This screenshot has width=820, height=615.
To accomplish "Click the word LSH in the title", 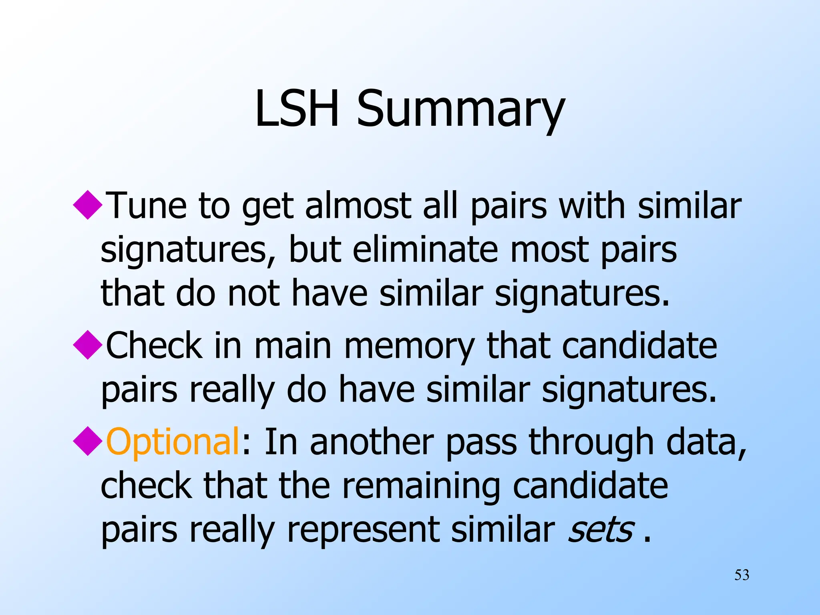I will (296, 108).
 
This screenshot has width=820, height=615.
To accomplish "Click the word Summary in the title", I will (460, 110).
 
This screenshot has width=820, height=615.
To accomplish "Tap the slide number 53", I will (742, 575).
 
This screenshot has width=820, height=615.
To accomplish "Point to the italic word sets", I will (601, 530).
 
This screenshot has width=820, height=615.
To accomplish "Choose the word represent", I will (363, 531).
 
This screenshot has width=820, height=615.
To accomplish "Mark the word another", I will (372, 442).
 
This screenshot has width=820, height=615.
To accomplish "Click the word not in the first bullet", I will (253, 294).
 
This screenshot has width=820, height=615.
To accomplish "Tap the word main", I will (293, 346).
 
